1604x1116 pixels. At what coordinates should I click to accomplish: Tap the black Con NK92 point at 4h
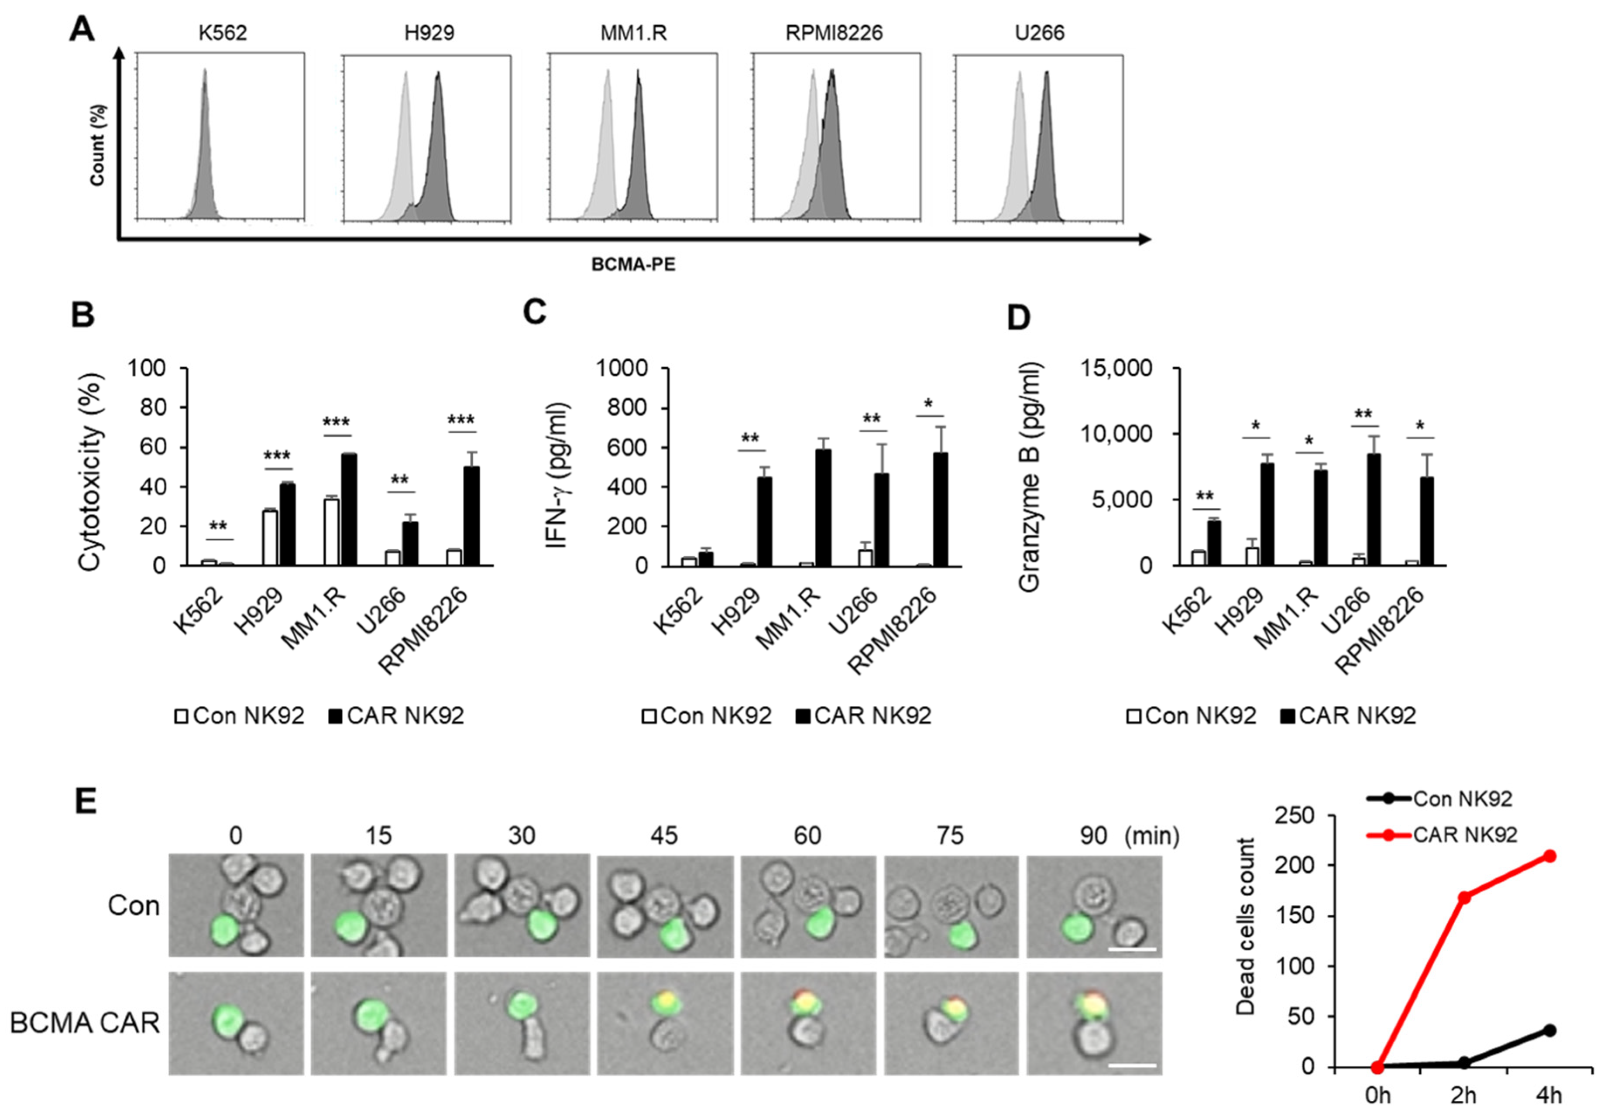(1549, 1030)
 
